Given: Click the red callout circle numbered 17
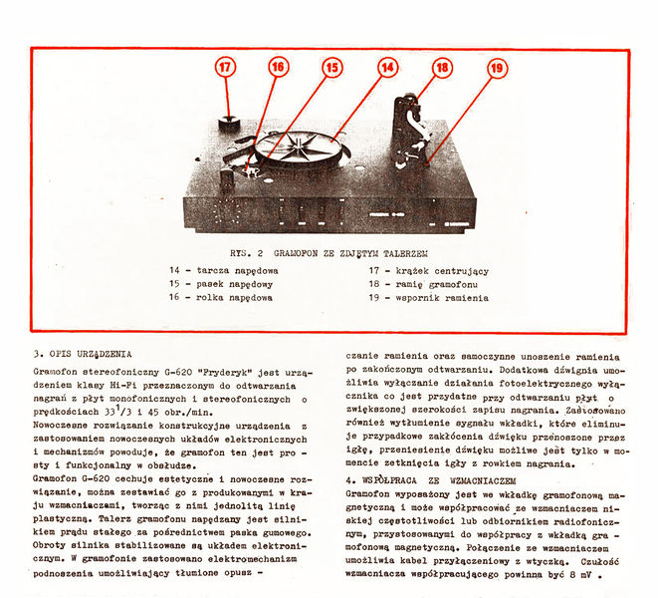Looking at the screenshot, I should point(226,68).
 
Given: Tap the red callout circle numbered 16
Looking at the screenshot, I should point(278,67).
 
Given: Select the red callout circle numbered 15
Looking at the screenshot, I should point(331,67).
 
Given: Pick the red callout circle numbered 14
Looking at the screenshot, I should point(387,67).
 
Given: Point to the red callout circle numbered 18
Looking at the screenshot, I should point(442,67).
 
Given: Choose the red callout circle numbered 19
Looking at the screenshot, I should point(496,68).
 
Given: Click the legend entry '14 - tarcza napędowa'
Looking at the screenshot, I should point(223,270).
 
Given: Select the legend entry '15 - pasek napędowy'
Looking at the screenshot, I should point(221,283).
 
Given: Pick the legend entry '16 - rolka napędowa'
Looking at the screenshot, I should point(221,297).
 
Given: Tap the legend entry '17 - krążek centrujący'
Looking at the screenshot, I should point(428,270).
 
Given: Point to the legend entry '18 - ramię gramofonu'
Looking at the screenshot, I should point(424,283).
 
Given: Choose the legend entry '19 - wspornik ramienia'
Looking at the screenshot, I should point(429,297).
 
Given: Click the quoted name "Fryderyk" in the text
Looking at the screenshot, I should point(220,370).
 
